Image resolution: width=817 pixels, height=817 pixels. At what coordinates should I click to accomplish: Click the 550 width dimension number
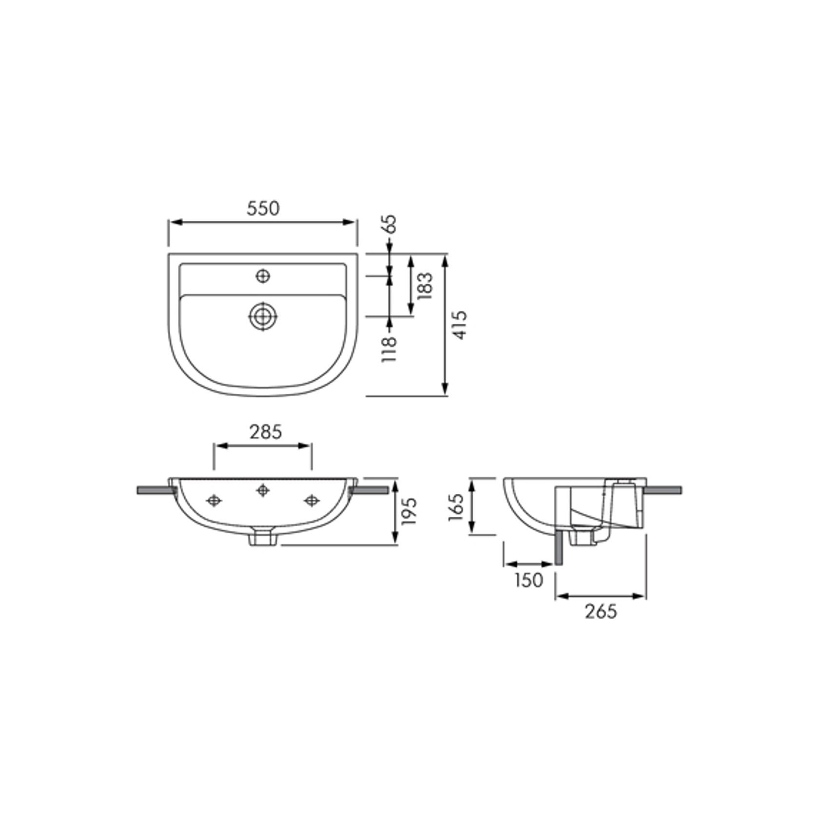(x=263, y=209)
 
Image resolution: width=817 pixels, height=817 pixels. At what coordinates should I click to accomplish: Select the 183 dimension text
(x=425, y=286)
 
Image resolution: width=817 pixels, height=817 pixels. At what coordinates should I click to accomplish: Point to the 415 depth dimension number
(x=460, y=325)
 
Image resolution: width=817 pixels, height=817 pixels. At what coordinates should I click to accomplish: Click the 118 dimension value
(x=390, y=348)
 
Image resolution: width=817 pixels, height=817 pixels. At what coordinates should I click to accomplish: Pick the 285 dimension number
(x=266, y=431)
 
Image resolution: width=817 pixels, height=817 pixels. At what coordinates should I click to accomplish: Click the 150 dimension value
(x=528, y=580)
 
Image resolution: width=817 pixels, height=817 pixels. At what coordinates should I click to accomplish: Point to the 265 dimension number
(x=601, y=611)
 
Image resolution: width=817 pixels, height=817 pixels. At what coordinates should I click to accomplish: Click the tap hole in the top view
(x=263, y=276)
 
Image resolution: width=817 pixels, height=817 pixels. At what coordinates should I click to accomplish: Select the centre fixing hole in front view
(x=263, y=490)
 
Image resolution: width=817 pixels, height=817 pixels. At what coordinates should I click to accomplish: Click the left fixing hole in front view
(x=214, y=500)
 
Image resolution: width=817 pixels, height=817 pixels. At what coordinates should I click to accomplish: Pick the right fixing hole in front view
(x=311, y=500)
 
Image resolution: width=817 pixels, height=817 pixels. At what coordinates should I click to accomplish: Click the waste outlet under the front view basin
(x=263, y=538)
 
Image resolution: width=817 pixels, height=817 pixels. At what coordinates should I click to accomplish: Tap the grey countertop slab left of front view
(x=153, y=490)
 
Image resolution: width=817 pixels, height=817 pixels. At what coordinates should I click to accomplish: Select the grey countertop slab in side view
(x=663, y=490)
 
